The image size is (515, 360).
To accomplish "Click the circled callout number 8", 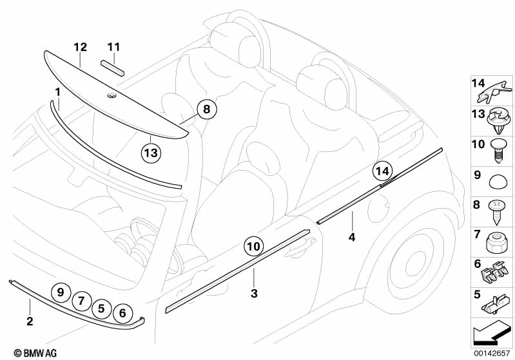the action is (207, 109).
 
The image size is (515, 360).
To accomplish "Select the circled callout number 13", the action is (151, 153).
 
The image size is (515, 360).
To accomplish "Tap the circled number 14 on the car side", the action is (383, 171).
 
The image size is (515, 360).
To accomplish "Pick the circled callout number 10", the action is (253, 246).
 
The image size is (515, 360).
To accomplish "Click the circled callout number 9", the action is (61, 292).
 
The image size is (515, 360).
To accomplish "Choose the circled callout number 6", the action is (122, 313).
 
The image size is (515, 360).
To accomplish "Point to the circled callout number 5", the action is (101, 308).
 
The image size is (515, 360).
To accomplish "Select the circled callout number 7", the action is (81, 301).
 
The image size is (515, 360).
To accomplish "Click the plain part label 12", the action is (80, 47).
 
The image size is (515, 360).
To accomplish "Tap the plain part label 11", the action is (113, 47).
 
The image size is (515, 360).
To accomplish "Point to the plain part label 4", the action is (352, 237).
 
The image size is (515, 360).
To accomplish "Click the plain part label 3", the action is (254, 294).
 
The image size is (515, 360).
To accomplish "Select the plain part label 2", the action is (30, 321).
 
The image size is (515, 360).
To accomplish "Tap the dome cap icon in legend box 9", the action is (498, 182).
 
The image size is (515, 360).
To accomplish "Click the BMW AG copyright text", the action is (35, 353).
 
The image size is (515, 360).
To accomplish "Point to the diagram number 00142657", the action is (492, 354).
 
